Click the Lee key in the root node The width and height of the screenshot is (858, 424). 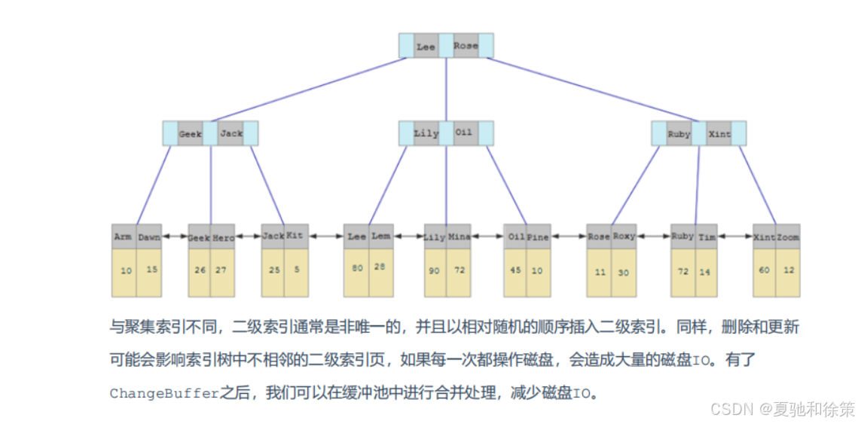[x=426, y=46]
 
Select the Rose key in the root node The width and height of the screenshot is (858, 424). [x=466, y=46]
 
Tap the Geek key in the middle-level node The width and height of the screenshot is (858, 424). [x=190, y=134]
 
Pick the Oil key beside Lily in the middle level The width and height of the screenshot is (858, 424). [x=464, y=133]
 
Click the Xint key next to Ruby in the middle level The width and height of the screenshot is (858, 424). [x=719, y=134]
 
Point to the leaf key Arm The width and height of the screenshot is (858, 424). [x=123, y=236]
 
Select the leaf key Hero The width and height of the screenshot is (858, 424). [x=223, y=236]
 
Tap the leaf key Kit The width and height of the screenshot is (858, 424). [x=295, y=236]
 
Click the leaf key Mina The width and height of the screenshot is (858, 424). [x=459, y=236]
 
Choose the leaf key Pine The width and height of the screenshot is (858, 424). [x=538, y=236]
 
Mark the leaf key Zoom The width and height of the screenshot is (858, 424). [x=788, y=236]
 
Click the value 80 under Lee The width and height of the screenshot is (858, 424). [x=356, y=268]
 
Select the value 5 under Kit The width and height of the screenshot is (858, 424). [x=296, y=269]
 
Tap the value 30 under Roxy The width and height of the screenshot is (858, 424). [x=624, y=272]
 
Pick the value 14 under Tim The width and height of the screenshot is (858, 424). [x=707, y=271]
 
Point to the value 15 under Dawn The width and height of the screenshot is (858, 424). [x=151, y=269]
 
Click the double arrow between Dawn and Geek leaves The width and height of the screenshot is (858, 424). [x=175, y=236]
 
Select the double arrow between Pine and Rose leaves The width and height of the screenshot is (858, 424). [x=569, y=236]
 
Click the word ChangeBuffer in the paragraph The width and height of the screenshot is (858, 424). [x=164, y=393]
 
